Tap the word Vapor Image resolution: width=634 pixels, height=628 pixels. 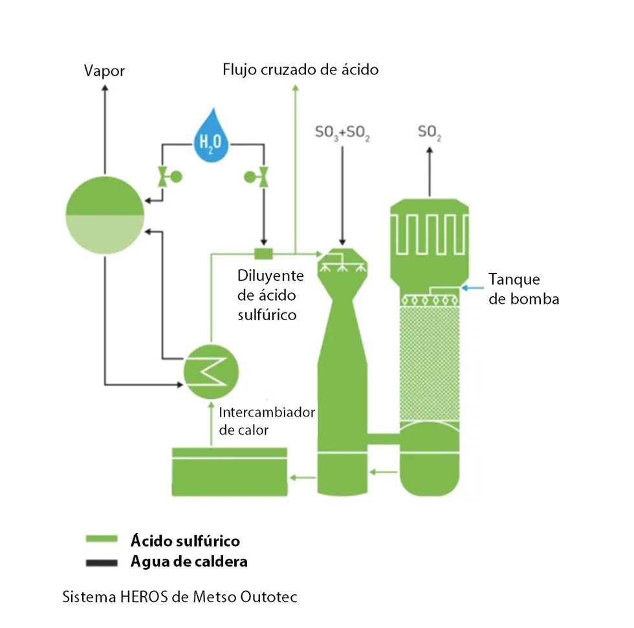(104, 70)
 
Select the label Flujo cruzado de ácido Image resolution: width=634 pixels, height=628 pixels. (300, 69)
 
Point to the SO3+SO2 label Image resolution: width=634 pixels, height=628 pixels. (342, 133)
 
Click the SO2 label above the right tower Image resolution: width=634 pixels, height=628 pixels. (430, 133)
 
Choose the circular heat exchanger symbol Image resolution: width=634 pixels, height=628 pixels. (211, 372)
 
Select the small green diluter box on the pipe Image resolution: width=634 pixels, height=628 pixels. (263, 252)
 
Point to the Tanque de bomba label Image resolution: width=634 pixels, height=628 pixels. (523, 289)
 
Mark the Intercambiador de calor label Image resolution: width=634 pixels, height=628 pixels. (267, 420)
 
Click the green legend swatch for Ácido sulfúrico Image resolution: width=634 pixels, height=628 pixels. (102, 539)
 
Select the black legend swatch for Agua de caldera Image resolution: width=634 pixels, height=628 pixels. (102, 561)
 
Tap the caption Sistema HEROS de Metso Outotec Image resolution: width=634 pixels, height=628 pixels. (179, 597)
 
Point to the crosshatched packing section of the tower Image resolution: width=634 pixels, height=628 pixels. (430, 362)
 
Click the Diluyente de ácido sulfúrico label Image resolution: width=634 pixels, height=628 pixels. (270, 295)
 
